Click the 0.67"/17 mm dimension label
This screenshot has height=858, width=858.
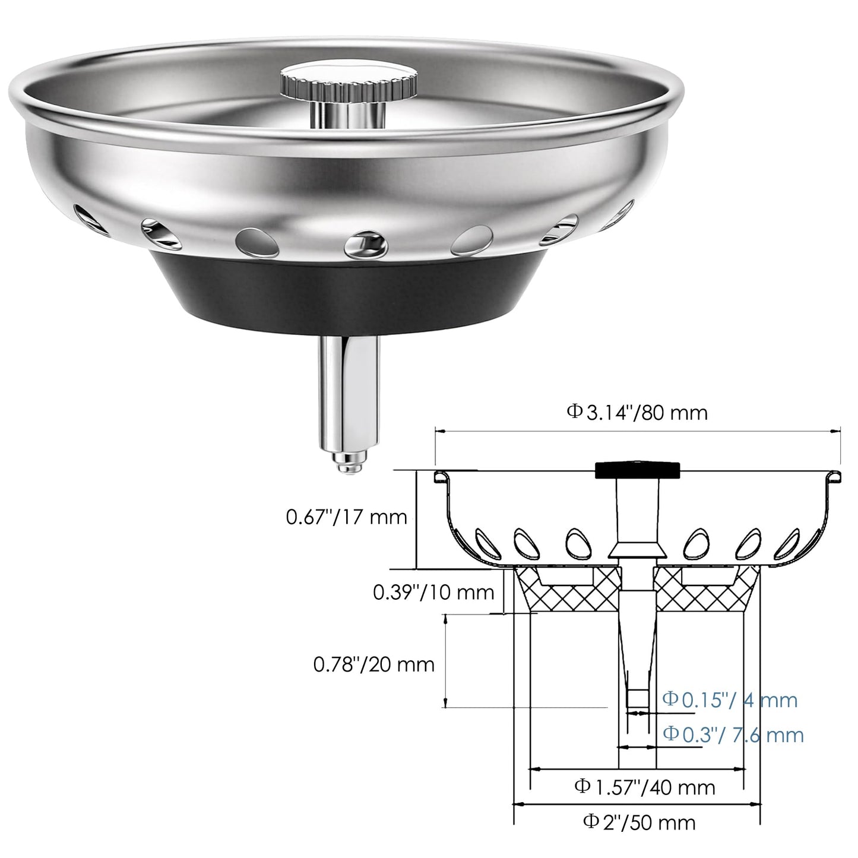(347, 517)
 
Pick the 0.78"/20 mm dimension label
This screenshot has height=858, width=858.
(374, 664)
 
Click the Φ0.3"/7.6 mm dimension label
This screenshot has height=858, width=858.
(733, 735)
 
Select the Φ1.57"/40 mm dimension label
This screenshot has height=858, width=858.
(644, 787)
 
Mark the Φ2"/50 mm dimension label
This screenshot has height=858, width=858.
(639, 822)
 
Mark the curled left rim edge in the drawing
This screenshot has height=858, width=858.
(439, 477)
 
